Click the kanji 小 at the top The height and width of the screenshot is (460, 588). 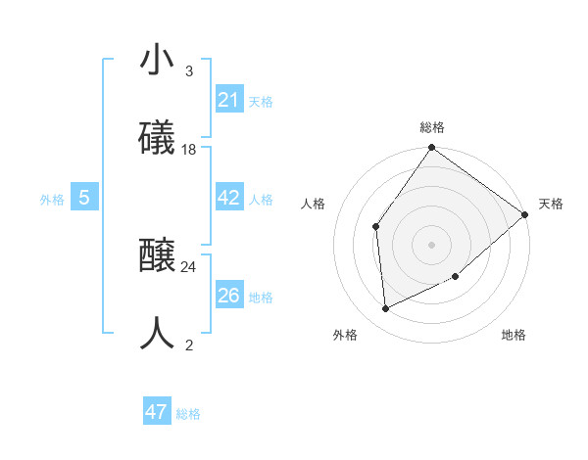pyautogui.click(x=158, y=61)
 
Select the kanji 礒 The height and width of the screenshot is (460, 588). pyautogui.click(x=158, y=138)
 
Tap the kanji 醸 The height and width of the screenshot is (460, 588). pyautogui.click(x=158, y=257)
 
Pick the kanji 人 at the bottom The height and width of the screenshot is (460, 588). pyautogui.click(x=158, y=333)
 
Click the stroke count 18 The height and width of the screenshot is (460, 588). pyautogui.click(x=189, y=149)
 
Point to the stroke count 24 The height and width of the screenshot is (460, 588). pyautogui.click(x=189, y=266)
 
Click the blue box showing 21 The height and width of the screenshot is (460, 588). pyautogui.click(x=229, y=100)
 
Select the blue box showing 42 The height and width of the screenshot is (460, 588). pyautogui.click(x=229, y=198)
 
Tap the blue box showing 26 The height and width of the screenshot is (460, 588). pyautogui.click(x=229, y=296)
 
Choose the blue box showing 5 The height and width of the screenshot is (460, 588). pyautogui.click(x=84, y=198)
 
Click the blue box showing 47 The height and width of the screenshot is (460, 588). pyautogui.click(x=157, y=412)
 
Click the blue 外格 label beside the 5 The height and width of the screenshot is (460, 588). pyautogui.click(x=52, y=199)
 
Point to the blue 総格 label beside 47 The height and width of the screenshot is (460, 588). pyautogui.click(x=188, y=414)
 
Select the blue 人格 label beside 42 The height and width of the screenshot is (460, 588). pyautogui.click(x=261, y=199)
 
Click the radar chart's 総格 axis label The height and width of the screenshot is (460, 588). pyautogui.click(x=432, y=127)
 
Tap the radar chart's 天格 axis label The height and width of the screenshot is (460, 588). pyautogui.click(x=551, y=204)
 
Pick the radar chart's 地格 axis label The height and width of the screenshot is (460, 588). pyautogui.click(x=514, y=335)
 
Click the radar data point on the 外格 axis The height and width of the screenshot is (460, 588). pyautogui.click(x=386, y=308)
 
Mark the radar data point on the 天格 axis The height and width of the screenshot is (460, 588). pyautogui.click(x=525, y=214)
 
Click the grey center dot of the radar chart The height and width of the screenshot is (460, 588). pyautogui.click(x=431, y=245)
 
